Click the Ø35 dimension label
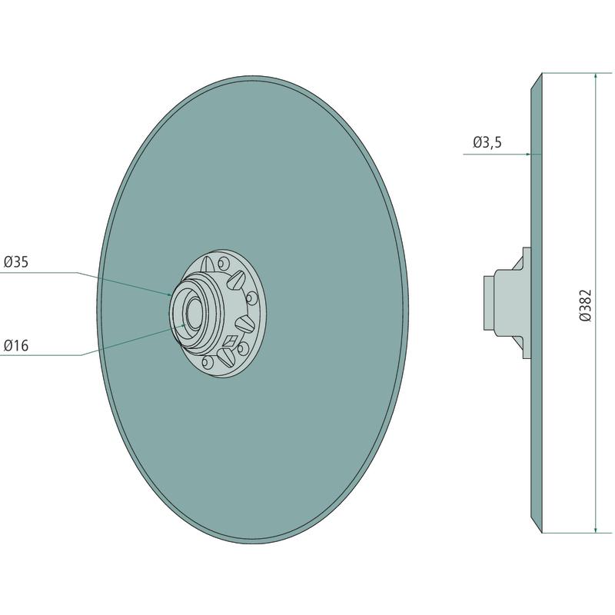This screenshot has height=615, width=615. (16, 261)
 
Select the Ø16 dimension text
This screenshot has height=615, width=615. (16, 345)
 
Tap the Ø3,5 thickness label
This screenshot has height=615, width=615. (487, 142)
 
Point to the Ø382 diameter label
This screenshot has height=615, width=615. (585, 305)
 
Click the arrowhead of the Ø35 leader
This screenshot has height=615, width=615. (169, 294)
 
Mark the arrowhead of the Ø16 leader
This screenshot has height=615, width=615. (183, 325)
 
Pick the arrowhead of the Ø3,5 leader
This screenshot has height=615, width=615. (527, 155)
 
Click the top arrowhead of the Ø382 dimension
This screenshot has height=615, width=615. (596, 76)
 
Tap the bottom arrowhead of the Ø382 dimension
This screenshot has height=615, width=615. (596, 529)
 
